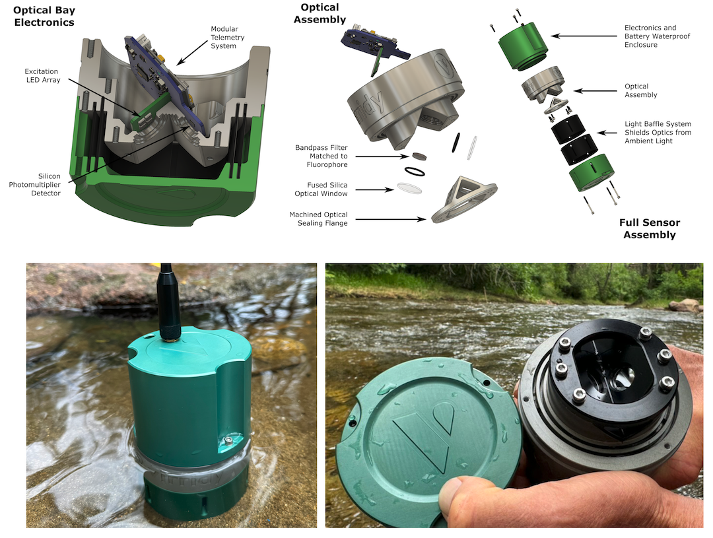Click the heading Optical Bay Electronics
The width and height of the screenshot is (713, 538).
point(44,17)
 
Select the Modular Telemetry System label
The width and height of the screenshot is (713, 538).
point(227,37)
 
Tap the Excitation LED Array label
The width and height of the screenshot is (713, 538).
point(42,75)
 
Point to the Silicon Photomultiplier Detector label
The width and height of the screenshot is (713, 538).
point(35,185)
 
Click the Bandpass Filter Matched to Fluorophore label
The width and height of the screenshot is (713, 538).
point(321,156)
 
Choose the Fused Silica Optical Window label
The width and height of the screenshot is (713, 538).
point(321,189)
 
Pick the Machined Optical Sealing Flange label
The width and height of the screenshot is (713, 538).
point(318,219)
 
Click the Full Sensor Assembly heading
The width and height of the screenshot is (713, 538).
point(650,229)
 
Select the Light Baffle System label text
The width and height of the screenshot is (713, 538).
point(658,132)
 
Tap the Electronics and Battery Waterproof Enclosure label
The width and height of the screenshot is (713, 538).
point(657,36)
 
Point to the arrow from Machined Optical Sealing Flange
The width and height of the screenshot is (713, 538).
point(391,219)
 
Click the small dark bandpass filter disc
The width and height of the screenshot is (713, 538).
point(419,156)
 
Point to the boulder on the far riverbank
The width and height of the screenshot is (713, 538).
point(685,306)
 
